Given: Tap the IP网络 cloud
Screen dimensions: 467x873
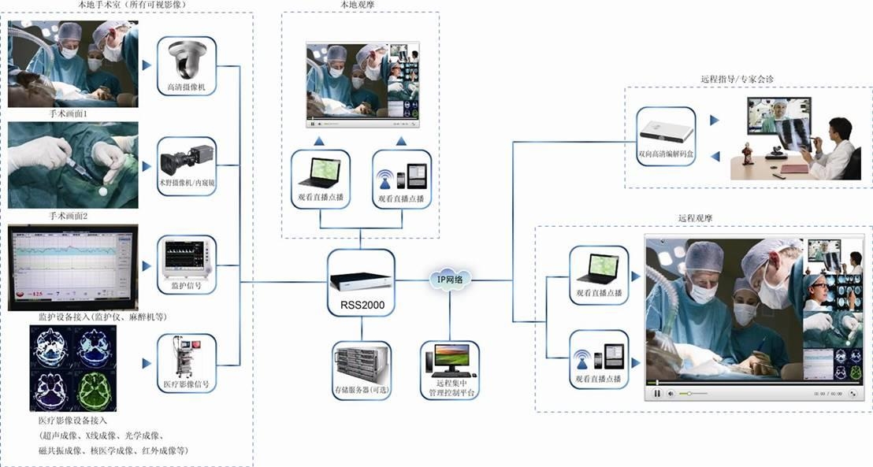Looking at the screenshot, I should coord(450,279).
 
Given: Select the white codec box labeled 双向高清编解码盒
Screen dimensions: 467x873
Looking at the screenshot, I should coord(664,131).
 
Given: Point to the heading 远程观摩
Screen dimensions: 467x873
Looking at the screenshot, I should coord(695,217).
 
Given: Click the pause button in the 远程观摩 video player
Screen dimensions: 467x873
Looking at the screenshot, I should coord(656,393).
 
